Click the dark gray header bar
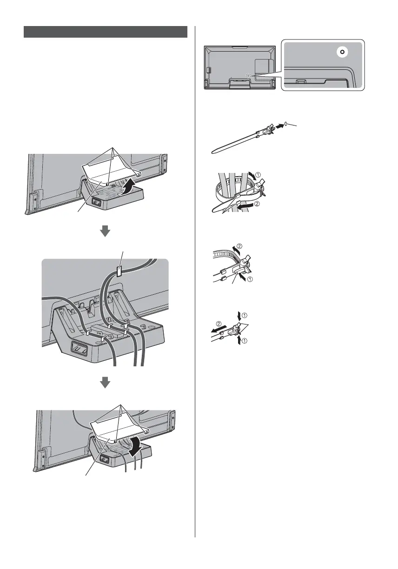point(106,32)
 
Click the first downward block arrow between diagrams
point(106,232)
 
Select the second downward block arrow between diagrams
point(106,382)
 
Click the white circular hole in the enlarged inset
point(342,52)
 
